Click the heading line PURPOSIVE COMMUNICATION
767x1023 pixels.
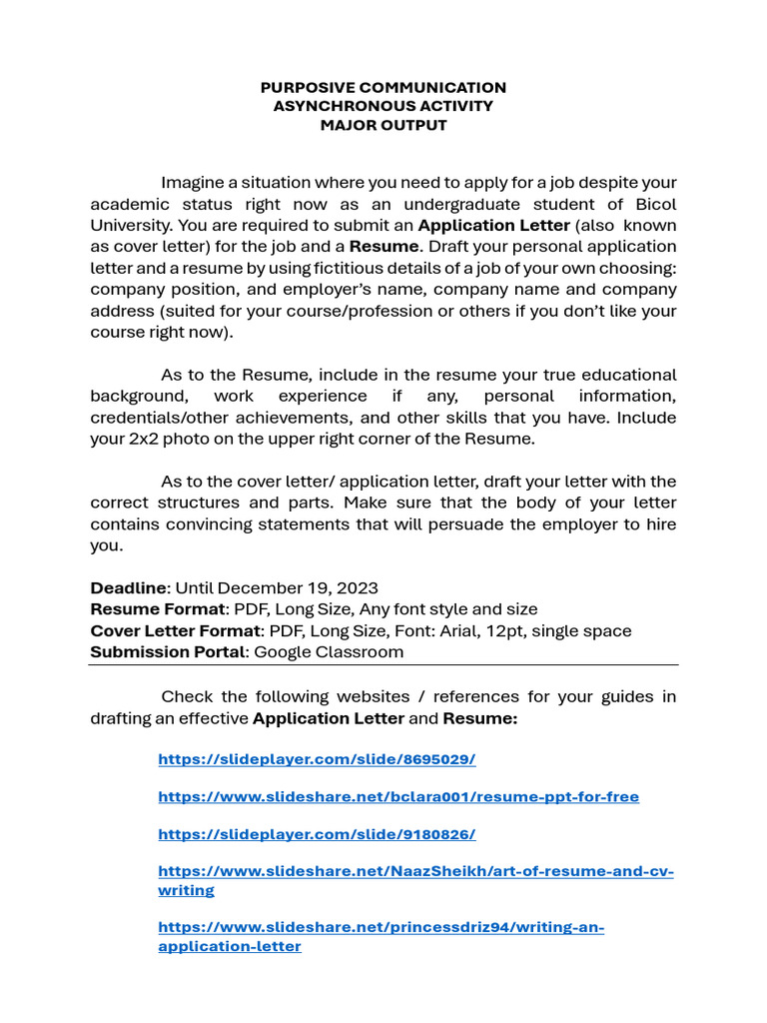(383, 88)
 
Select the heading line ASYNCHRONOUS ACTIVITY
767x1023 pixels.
(383, 107)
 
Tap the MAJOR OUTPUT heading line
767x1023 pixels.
(383, 126)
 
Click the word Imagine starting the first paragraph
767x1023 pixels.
(194, 183)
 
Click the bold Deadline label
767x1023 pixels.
(129, 587)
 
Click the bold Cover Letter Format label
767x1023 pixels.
(176, 631)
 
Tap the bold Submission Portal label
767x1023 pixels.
(168, 652)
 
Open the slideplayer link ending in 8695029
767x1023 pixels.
(317, 759)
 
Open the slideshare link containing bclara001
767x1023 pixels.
(398, 796)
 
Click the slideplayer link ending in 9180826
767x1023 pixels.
(317, 834)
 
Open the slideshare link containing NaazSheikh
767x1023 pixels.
(415, 872)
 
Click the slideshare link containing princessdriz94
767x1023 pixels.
(382, 927)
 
